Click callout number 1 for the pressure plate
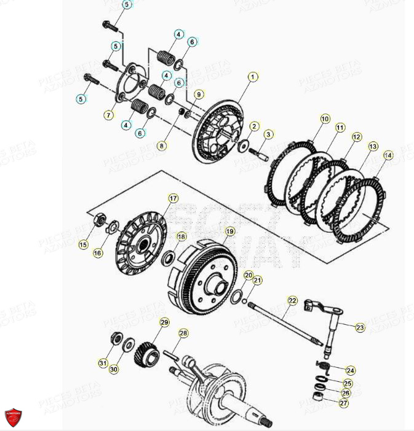tap(252, 77)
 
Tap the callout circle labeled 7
tap(109, 115)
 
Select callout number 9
tap(198, 94)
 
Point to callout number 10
tap(325, 118)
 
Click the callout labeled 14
tap(387, 156)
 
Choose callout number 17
tap(173, 198)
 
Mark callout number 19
tap(229, 231)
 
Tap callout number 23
tap(360, 328)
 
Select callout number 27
tap(343, 403)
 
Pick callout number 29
tap(164, 322)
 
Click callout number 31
tap(103, 363)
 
